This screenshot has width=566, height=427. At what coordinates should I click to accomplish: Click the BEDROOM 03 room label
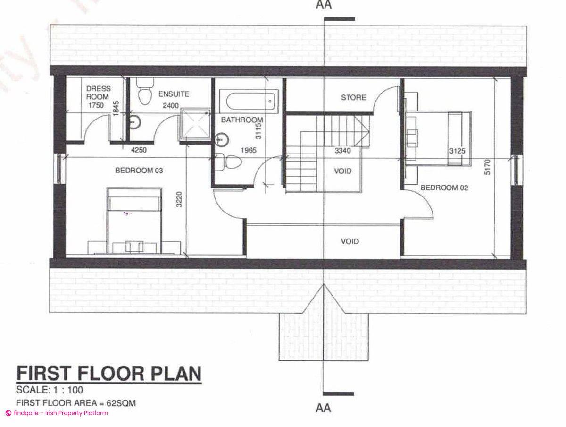coord(139,171)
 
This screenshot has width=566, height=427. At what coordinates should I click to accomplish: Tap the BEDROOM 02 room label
coord(444,188)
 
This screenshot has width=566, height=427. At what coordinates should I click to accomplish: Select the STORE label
coord(353,97)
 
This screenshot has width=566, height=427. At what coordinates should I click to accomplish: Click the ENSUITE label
coord(174,94)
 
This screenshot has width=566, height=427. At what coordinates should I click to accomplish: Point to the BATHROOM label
coord(242,120)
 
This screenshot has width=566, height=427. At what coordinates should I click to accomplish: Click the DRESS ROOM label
coord(98,93)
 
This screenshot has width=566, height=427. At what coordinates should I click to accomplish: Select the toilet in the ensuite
coord(144,92)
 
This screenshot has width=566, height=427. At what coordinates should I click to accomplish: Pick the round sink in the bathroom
coord(221,140)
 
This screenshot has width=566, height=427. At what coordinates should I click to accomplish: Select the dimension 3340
coord(343,151)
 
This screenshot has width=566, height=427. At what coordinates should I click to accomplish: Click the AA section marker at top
coord(324,6)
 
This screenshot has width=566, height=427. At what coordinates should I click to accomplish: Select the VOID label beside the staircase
coord(343,171)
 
